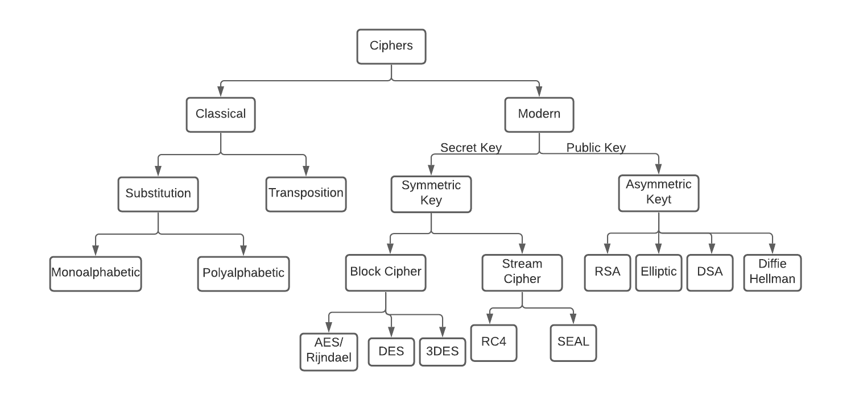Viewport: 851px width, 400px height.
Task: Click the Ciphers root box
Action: point(391,46)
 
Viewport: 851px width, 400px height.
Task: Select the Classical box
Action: point(221,114)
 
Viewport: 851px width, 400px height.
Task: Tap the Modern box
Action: point(539,114)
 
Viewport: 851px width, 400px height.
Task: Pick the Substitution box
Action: point(158,194)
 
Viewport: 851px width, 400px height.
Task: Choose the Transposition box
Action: point(306,194)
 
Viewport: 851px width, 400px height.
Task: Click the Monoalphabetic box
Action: point(96,273)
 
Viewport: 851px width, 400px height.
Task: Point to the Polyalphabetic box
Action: point(243,273)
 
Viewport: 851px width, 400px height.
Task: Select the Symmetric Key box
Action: point(431,194)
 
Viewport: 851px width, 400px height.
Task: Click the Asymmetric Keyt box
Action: point(659,194)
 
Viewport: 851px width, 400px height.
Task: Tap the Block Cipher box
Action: point(386,272)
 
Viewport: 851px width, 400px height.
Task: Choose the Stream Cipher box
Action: point(522,272)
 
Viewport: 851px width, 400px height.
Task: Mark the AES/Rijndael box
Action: point(329,352)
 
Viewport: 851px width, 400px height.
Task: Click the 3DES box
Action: point(443,352)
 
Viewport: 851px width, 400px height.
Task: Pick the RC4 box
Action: point(494,343)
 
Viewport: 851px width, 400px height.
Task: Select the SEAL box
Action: point(573,343)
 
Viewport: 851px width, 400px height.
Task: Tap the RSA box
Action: point(608,272)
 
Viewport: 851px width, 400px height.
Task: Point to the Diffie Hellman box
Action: point(772,272)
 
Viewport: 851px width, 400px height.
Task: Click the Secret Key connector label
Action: point(471,148)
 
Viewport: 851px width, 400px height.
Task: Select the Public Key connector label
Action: point(596,148)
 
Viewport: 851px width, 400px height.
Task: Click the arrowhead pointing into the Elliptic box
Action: point(659,249)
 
